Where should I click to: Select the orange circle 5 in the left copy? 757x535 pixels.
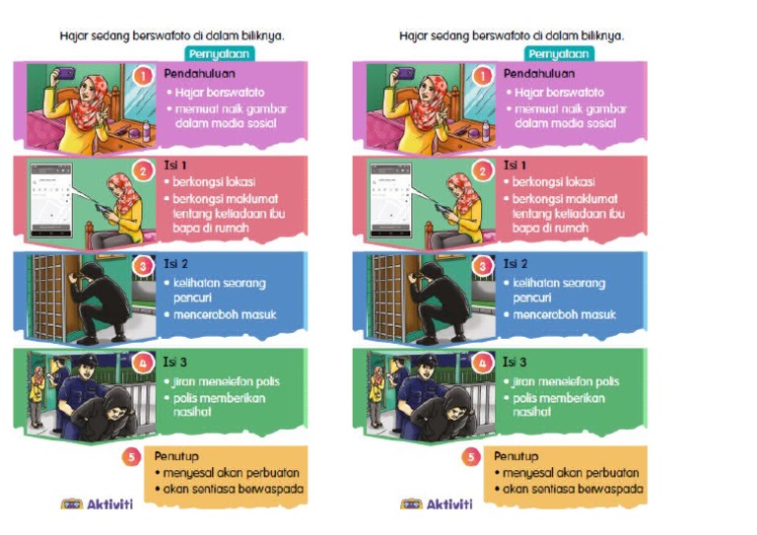click(x=132, y=457)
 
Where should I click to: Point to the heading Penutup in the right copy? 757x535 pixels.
click(x=516, y=457)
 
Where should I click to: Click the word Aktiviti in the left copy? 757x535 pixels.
click(x=109, y=504)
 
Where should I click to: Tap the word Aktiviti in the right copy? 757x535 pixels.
click(x=448, y=504)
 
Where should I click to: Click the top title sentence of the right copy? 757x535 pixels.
click(x=512, y=35)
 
